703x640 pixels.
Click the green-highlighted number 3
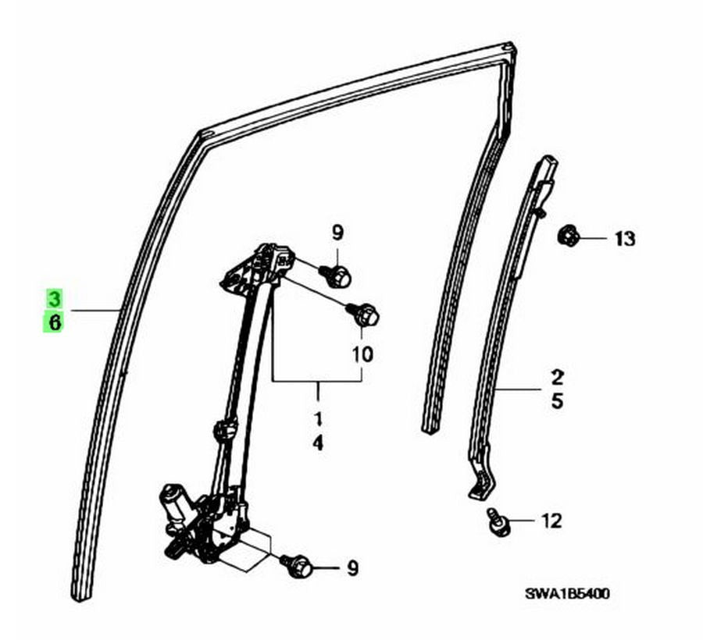[54, 298]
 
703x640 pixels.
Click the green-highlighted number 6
[54, 322]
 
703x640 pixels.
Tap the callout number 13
[625, 238]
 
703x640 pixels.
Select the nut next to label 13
[568, 235]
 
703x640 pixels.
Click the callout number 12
[551, 521]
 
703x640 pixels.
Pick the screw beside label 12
[498, 521]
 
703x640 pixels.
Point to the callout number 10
[362, 354]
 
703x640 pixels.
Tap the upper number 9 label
[337, 233]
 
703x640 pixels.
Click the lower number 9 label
[353, 568]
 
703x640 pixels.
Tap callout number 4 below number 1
[317, 443]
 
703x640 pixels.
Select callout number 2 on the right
[557, 377]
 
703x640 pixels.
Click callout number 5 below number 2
[557, 401]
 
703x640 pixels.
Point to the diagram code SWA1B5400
[567, 594]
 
